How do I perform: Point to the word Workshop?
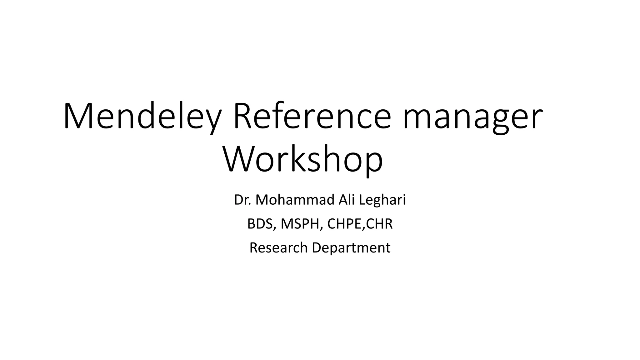[302, 160]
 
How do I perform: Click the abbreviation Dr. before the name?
[243, 200]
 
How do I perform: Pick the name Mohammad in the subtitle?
[295, 200]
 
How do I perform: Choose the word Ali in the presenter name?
[347, 200]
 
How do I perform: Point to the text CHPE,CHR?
[360, 224]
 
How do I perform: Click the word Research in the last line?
[278, 248]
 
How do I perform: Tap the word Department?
[351, 248]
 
